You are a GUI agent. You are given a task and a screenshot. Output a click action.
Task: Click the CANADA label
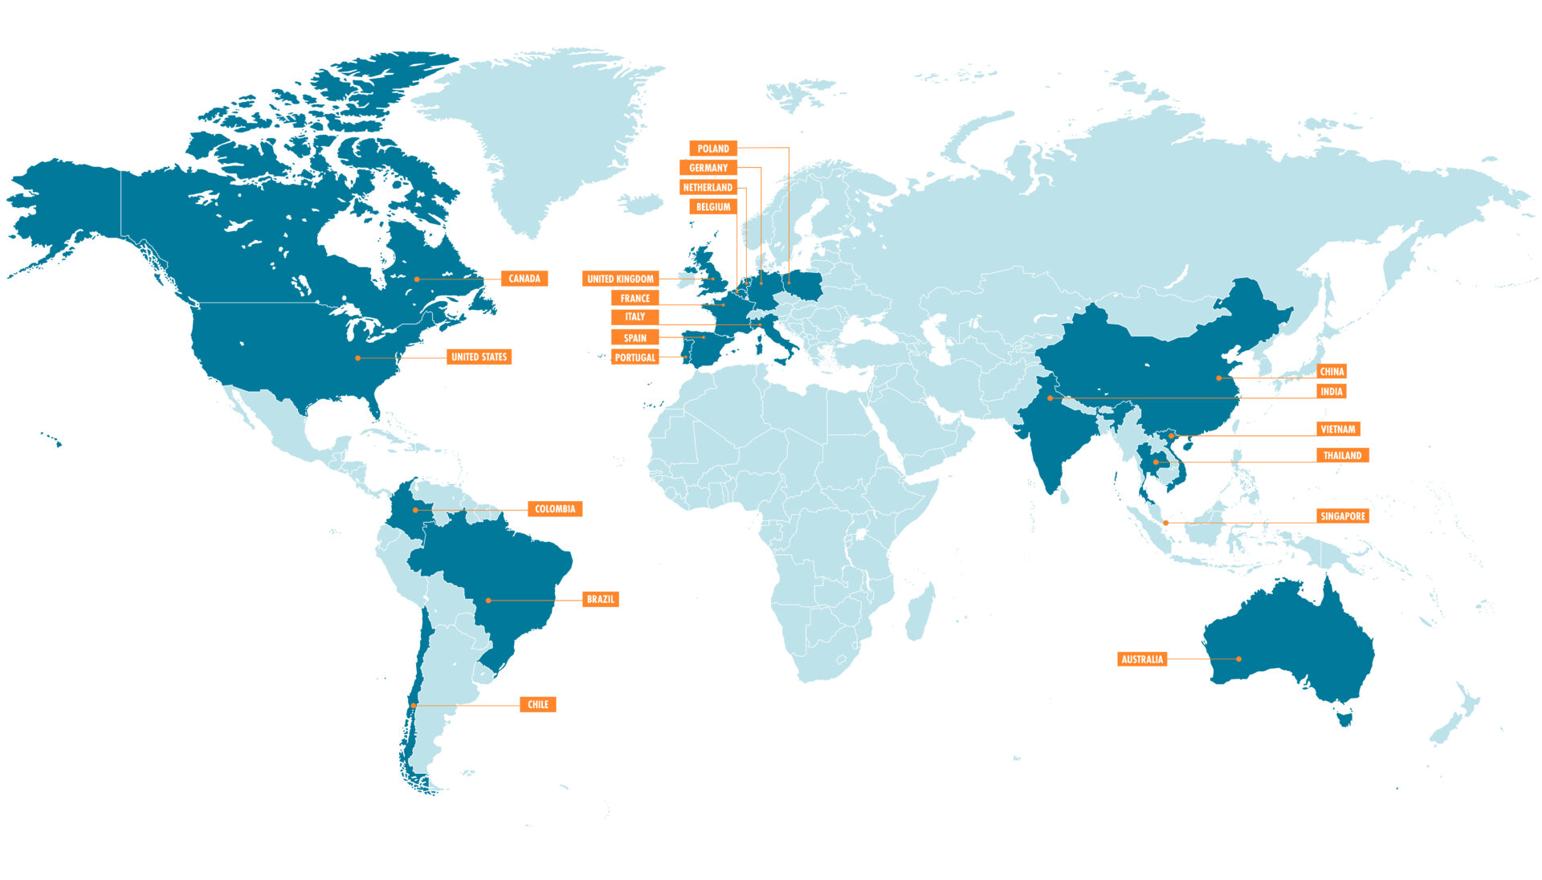(x=524, y=279)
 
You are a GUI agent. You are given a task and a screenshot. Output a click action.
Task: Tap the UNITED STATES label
(x=479, y=356)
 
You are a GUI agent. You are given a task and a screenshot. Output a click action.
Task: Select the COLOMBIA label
(x=555, y=508)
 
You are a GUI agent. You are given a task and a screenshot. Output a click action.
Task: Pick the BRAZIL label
(x=600, y=599)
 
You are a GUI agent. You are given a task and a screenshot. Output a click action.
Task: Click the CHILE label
(x=537, y=704)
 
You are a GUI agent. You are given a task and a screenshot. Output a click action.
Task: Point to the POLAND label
(x=713, y=149)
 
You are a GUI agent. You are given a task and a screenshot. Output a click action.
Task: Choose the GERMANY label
(x=708, y=168)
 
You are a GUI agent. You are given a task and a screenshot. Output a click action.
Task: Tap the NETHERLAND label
(x=708, y=187)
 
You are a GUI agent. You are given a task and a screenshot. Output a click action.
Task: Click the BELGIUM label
(x=713, y=206)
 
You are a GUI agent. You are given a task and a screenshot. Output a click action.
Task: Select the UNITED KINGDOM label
(x=620, y=279)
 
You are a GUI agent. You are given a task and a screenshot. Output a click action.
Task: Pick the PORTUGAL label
(x=634, y=357)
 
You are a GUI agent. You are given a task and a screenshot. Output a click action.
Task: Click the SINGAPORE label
(x=1343, y=516)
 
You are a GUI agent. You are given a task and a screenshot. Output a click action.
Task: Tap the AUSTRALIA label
(x=1142, y=659)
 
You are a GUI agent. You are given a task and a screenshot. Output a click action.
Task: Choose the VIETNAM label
(x=1338, y=430)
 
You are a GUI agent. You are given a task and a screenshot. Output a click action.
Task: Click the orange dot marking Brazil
(x=488, y=601)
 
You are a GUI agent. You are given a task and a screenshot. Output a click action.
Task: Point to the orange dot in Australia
(x=1238, y=659)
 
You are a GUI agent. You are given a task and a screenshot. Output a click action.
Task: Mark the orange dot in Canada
(x=417, y=279)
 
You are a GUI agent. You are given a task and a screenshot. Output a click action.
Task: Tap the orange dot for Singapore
(x=1165, y=523)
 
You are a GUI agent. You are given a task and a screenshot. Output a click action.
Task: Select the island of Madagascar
(x=920, y=612)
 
